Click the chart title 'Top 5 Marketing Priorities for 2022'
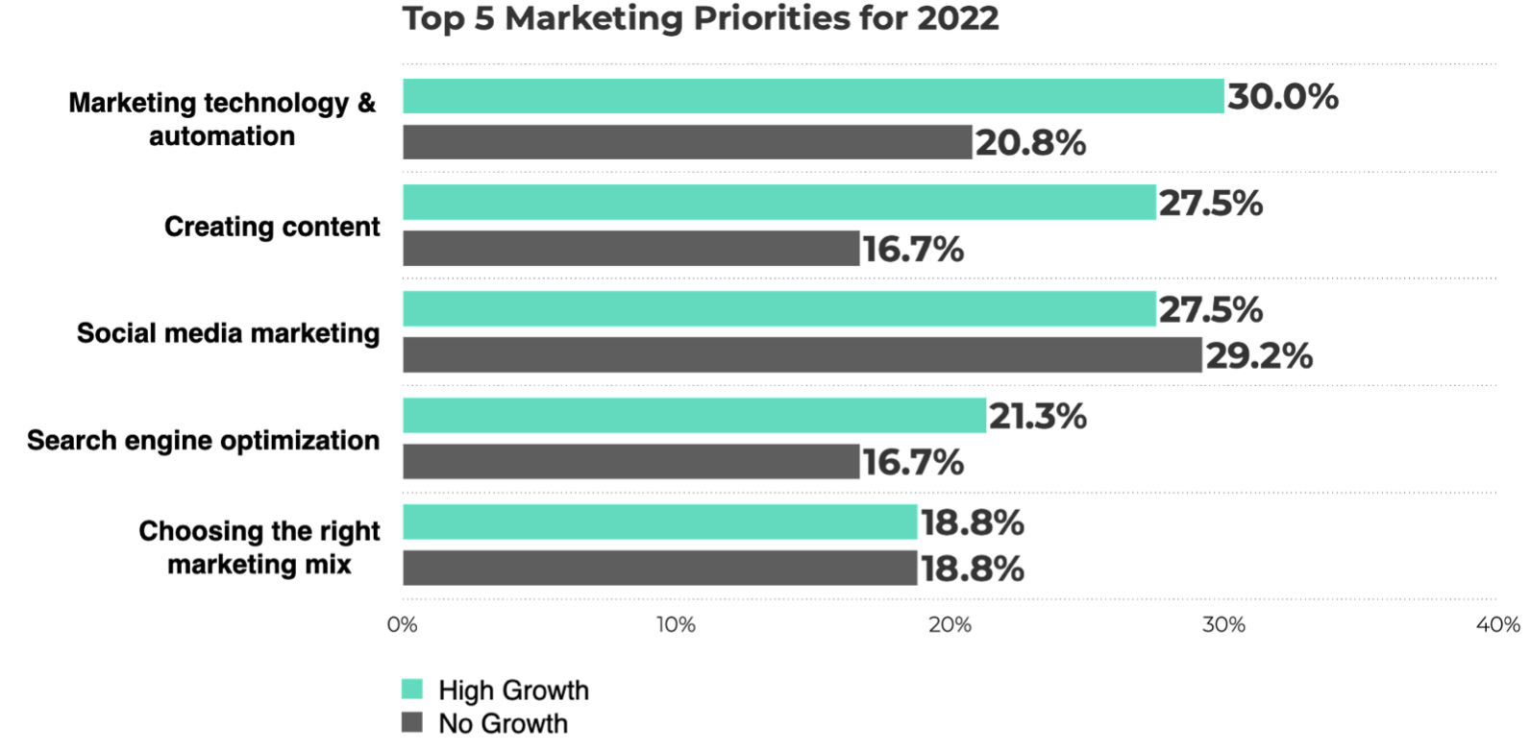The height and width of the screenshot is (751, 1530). pyautogui.click(x=701, y=19)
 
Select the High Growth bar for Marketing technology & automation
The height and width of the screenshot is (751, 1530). pyautogui.click(x=813, y=96)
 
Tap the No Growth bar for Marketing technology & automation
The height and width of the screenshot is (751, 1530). pyautogui.click(x=687, y=142)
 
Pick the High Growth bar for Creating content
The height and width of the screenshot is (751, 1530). pyautogui.click(x=778, y=203)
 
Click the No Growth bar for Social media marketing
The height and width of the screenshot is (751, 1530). pyautogui.click(x=802, y=355)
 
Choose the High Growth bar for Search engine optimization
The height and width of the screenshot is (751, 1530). pyautogui.click(x=694, y=416)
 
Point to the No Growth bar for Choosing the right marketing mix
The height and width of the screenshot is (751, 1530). pyautogui.click(x=659, y=569)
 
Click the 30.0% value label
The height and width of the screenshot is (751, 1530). pyautogui.click(x=1282, y=96)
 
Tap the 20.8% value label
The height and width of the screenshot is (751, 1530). pyautogui.click(x=1030, y=143)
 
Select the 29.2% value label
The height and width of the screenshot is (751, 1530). pyautogui.click(x=1258, y=356)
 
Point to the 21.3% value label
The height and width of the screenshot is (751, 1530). pyautogui.click(x=1037, y=416)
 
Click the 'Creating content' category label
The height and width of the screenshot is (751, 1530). pyautogui.click(x=272, y=227)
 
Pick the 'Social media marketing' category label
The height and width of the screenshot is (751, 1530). pyautogui.click(x=228, y=333)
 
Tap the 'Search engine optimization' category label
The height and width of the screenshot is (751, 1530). pyautogui.click(x=203, y=440)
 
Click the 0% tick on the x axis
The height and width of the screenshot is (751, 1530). pyautogui.click(x=403, y=625)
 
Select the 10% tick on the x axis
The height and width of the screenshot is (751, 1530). pyautogui.click(x=676, y=625)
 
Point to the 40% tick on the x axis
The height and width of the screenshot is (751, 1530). pyautogui.click(x=1497, y=625)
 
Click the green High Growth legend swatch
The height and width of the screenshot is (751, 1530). pyautogui.click(x=412, y=690)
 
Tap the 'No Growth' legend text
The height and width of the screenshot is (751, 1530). pyautogui.click(x=503, y=723)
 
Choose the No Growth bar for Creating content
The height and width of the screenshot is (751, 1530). pyautogui.click(x=630, y=249)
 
